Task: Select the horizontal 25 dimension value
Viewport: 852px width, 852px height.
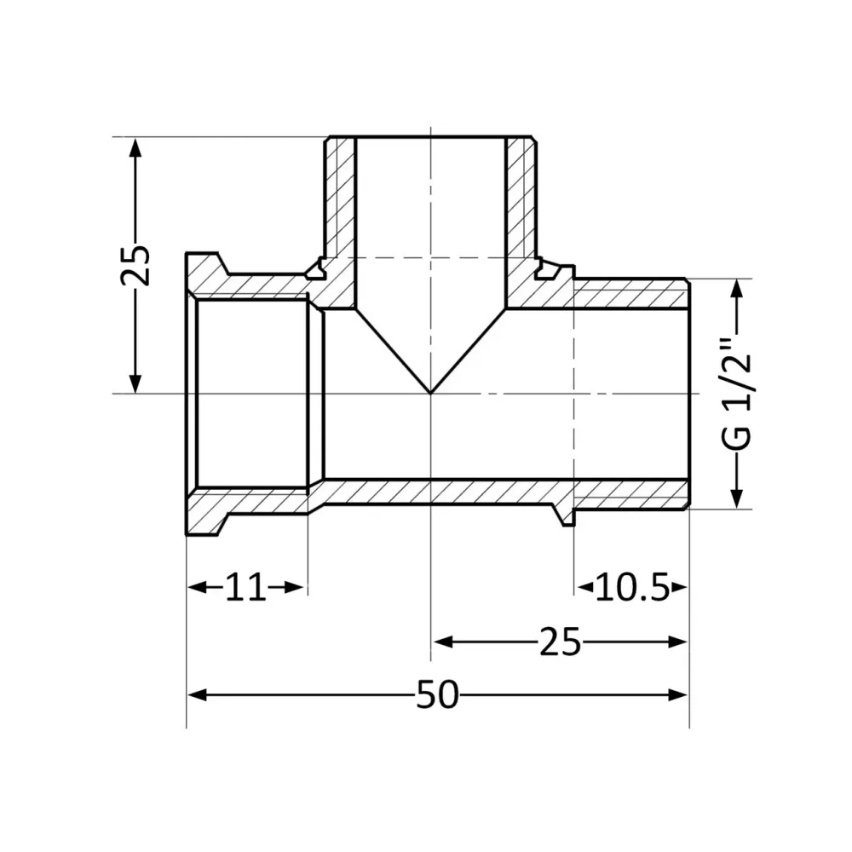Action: coord(559,642)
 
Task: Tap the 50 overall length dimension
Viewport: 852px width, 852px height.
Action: coord(437,695)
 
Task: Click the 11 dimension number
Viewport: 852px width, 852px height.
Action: coord(245,587)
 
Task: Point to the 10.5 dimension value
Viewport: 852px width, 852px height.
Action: coord(631,587)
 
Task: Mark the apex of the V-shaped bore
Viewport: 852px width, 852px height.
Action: coord(431,393)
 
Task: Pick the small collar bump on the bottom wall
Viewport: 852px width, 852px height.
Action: coord(563,515)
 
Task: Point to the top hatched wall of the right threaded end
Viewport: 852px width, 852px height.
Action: coord(630,294)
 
